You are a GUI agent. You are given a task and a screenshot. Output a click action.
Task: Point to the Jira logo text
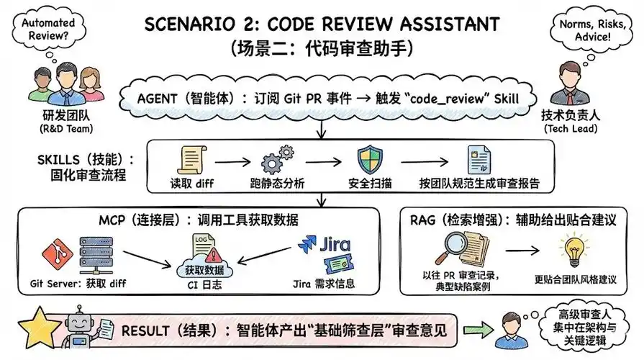pyautogui.click(x=332, y=242)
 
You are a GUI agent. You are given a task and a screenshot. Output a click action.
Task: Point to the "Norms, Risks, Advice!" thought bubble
pyautogui.click(x=596, y=28)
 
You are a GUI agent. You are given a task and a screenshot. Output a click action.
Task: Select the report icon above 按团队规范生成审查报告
pyautogui.click(x=476, y=160)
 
